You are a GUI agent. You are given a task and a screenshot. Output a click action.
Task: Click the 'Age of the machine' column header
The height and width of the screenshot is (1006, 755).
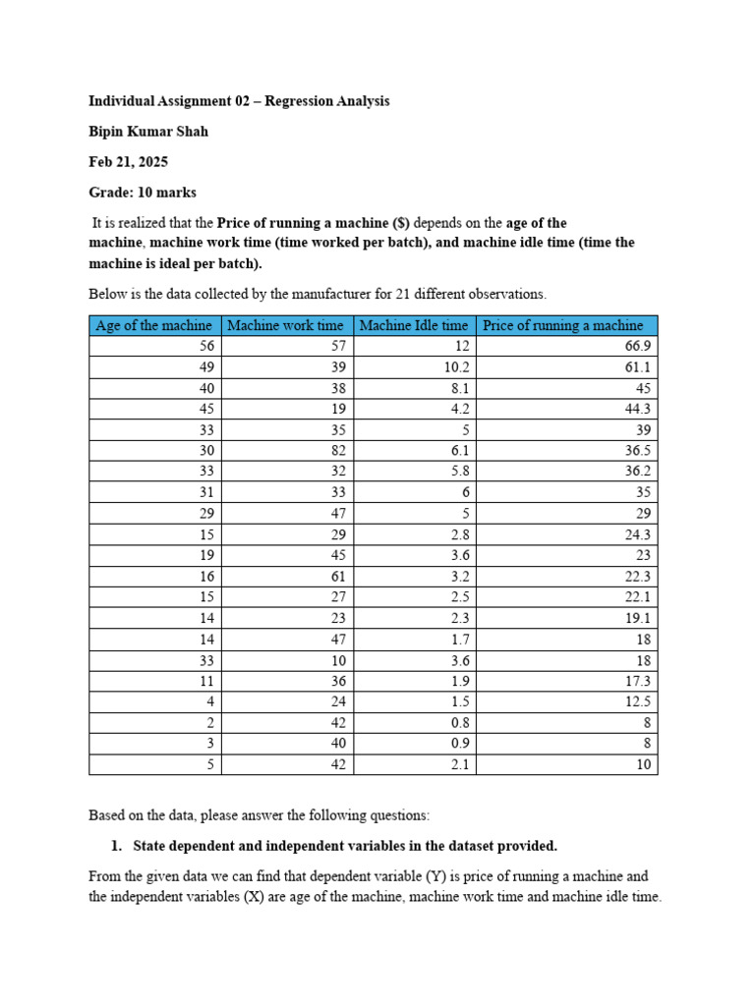click(154, 325)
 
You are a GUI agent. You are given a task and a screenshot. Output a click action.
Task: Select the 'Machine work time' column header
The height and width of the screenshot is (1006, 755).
click(286, 325)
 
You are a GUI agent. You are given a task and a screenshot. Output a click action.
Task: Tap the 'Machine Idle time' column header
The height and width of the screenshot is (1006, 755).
click(414, 325)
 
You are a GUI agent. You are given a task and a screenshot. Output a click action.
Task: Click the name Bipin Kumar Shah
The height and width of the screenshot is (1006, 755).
click(148, 132)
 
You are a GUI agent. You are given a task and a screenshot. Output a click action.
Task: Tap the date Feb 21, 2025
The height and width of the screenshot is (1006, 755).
click(128, 162)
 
